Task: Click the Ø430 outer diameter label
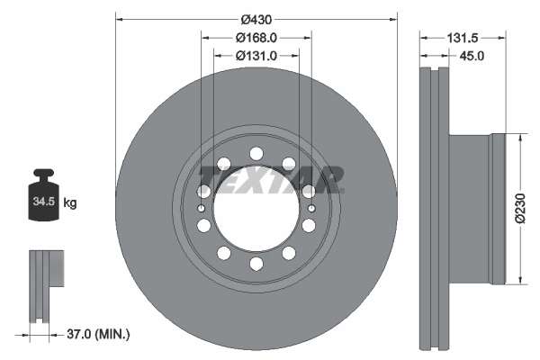pyautogui.click(x=256, y=19)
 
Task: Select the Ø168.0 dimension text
pyautogui.click(x=256, y=38)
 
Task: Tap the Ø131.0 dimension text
pyautogui.click(x=256, y=56)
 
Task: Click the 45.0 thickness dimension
pyautogui.click(x=472, y=56)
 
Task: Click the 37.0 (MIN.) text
pyautogui.click(x=98, y=334)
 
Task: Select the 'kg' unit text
pyautogui.click(x=70, y=203)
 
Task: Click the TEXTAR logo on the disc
pyautogui.click(x=271, y=177)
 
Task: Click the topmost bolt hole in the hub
pyautogui.click(x=256, y=152)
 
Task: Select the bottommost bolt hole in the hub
pyautogui.click(x=256, y=264)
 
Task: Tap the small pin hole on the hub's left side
pyautogui.click(x=202, y=209)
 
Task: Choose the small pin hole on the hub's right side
pyautogui.click(x=311, y=209)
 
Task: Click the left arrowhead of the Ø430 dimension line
pyautogui.click(x=120, y=19)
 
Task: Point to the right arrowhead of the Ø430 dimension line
pyautogui.click(x=393, y=19)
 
